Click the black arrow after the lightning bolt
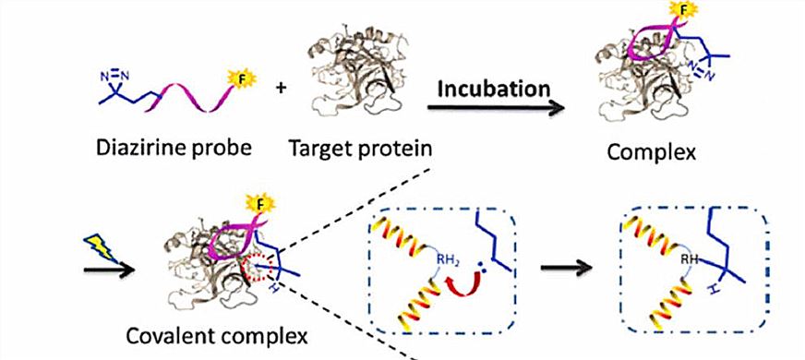[x=107, y=273]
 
